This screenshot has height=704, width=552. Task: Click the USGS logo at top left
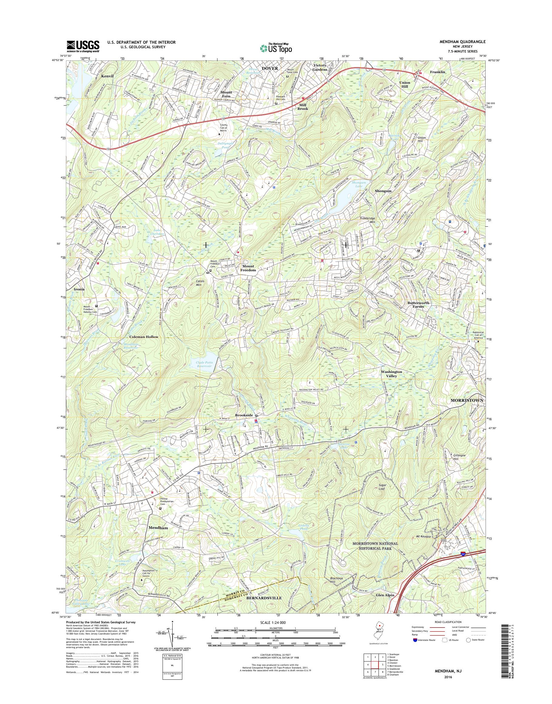[x=83, y=46]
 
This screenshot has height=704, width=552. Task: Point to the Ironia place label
[x=79, y=289]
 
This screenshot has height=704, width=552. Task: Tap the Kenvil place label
[x=107, y=76]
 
